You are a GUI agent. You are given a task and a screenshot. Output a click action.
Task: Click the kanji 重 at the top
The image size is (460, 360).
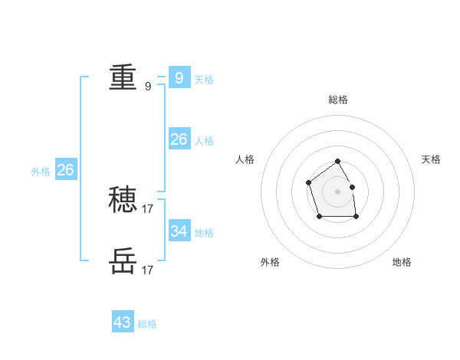coord(123,77)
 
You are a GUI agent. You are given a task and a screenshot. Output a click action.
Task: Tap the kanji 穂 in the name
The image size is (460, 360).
coord(123,200)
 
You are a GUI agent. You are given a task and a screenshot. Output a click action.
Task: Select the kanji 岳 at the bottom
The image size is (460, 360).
coord(123,261)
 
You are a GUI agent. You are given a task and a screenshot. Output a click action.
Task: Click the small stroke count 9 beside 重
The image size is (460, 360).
coord(148,87)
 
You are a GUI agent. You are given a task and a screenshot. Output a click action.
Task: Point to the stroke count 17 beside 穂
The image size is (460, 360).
coord(148,208)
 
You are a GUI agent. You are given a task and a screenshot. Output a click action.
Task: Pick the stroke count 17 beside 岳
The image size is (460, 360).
coord(148,270)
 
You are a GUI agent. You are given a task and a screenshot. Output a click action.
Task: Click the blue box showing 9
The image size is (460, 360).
coord(179,77)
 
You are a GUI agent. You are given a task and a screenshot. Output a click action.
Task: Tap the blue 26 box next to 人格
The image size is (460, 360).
coord(179,139)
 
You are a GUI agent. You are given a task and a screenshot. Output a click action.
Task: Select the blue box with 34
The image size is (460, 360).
coord(179,231)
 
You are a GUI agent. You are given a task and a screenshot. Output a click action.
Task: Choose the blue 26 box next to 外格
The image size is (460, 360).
coord(65,170)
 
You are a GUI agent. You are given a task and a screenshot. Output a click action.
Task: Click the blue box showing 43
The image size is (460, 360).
coord(122,322)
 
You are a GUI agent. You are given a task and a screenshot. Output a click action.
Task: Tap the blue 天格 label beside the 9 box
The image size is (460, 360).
coord(204,79)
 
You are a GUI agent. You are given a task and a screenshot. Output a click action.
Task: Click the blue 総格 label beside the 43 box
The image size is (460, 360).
coord(147,324)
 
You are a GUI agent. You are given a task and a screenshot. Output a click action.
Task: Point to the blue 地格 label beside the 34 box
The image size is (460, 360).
coord(204,232)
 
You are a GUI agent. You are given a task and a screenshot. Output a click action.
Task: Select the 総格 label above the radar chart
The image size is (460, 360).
coord(337,100)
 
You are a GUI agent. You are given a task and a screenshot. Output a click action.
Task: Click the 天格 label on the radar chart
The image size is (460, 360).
coord(431,159)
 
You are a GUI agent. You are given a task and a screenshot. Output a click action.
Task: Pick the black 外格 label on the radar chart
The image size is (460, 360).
coord(270,262)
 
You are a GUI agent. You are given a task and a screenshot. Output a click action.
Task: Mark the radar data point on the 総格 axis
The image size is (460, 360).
coord(337,162)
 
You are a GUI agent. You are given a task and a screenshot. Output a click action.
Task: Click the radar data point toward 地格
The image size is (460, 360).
coord(356,217)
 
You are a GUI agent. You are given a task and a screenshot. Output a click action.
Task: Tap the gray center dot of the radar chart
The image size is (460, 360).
coord(337,191)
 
